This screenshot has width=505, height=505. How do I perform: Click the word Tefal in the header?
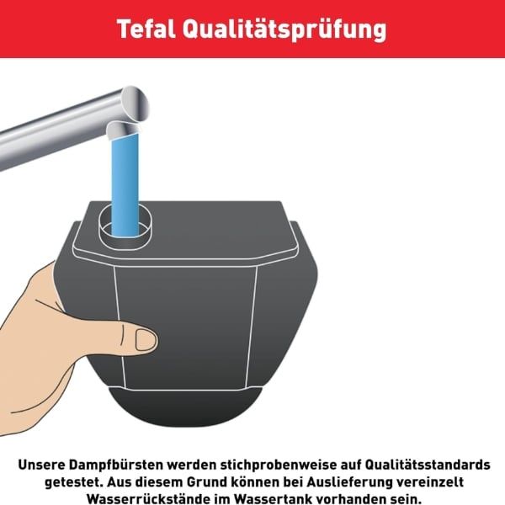pyautogui.click(x=146, y=29)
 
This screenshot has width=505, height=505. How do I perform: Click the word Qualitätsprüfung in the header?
pyautogui.click(x=284, y=30)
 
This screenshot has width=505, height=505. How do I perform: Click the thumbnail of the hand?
pyautogui.click(x=146, y=340)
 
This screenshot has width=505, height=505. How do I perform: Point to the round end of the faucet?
pyautogui.click(x=136, y=103)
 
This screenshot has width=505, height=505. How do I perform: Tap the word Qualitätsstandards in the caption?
pyautogui.click(x=428, y=465)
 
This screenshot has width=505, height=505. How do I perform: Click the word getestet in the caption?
pyautogui.click(x=72, y=482)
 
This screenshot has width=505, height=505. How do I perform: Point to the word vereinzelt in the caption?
pyautogui.click(x=430, y=482)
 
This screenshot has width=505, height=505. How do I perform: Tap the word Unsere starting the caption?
pyautogui.click(x=41, y=465)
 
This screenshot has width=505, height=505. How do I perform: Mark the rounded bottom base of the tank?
pyautogui.click(x=185, y=407)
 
